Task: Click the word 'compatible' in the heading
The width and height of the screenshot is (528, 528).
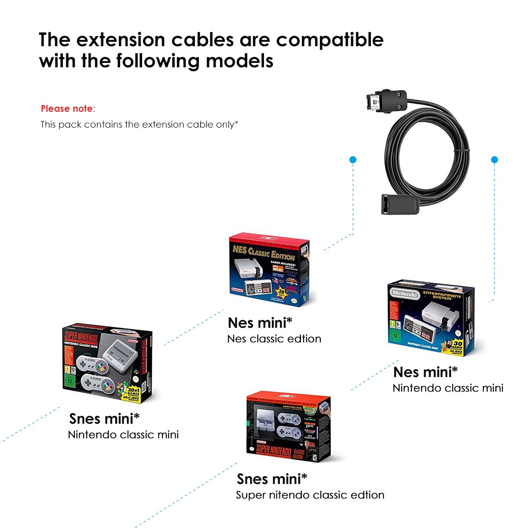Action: [x=330, y=40]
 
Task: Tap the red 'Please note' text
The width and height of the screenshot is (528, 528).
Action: [x=67, y=109]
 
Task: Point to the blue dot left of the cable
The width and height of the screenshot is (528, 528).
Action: [x=352, y=160]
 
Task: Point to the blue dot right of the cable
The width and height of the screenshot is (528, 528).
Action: [x=494, y=160]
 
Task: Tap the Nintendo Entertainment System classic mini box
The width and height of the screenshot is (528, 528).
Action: [x=431, y=318]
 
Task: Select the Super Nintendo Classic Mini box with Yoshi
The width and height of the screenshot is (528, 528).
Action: [x=107, y=363]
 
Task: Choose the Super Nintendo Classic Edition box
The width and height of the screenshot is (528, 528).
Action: [x=288, y=427]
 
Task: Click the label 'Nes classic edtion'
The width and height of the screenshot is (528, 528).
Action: [x=274, y=339]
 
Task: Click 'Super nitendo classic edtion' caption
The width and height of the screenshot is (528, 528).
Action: [x=310, y=495]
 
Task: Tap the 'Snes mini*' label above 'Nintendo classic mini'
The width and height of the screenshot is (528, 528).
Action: [x=104, y=418]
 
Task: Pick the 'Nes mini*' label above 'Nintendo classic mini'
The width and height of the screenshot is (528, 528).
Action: [x=425, y=372]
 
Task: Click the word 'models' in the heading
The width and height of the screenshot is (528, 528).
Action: [x=239, y=61]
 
